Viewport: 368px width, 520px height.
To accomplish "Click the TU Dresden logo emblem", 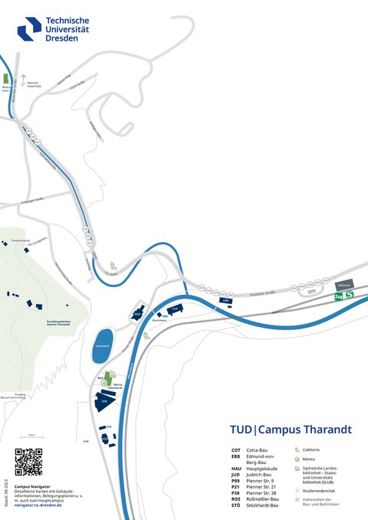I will tap(29, 28).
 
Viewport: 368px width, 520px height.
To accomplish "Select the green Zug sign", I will tap(338, 296).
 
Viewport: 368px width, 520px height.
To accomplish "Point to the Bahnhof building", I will tap(343, 284).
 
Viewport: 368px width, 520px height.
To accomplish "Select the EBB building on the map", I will tap(226, 302).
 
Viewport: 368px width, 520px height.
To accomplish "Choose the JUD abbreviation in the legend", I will tap(236, 474).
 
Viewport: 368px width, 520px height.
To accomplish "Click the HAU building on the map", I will tap(138, 314).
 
